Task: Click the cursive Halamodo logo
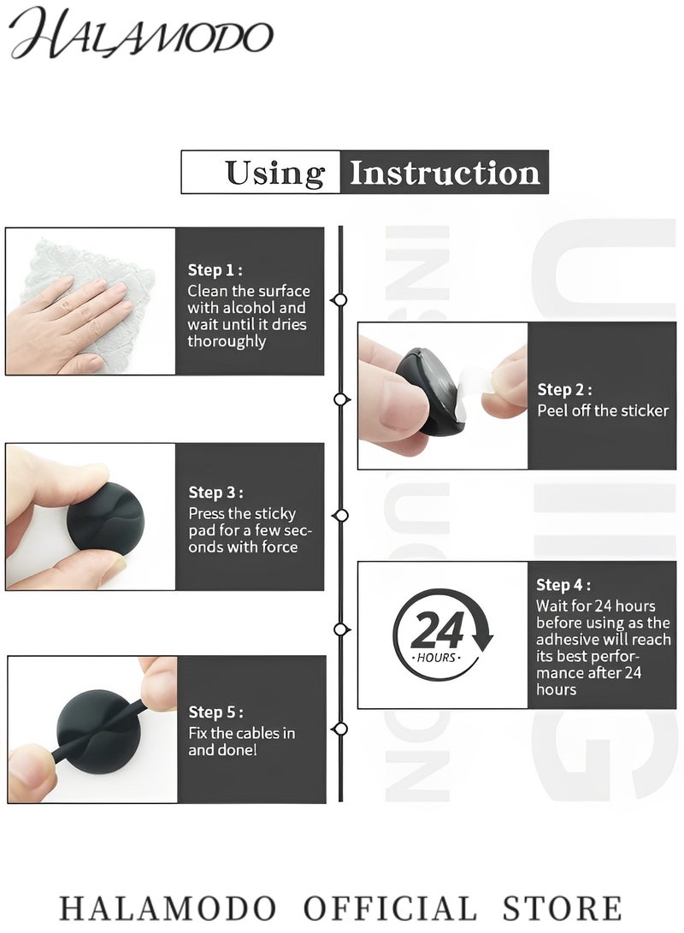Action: tap(141, 34)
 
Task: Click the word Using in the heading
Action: tap(274, 174)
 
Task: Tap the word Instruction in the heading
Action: tap(445, 173)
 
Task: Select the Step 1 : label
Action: tap(215, 269)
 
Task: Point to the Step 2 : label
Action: tap(564, 389)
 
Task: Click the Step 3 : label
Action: tap(215, 492)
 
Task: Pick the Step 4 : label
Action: tap(563, 584)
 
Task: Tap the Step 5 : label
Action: tap(215, 712)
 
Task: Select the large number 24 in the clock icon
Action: tap(437, 630)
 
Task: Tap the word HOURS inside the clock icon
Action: tap(436, 658)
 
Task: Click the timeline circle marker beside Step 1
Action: tap(340, 299)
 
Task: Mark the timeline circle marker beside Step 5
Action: tap(340, 729)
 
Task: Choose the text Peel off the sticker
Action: tap(603, 410)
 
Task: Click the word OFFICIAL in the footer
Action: tap(390, 908)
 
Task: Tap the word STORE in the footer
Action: tap(562, 908)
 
